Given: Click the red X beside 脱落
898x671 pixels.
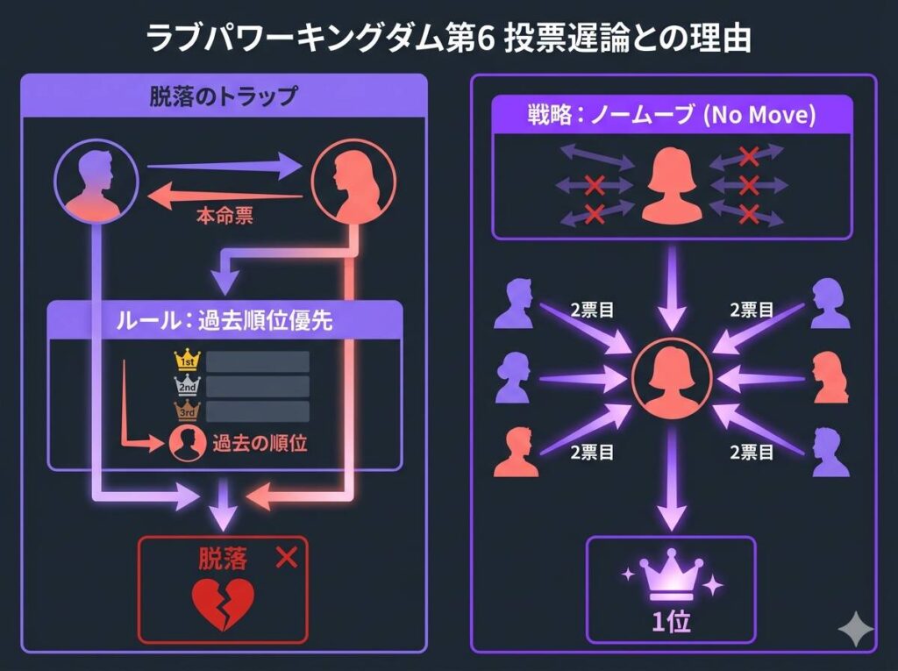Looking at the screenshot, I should coord(286,557).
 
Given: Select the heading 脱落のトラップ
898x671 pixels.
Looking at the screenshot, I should coord(223,96).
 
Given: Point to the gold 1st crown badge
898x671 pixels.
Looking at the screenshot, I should coord(188,360).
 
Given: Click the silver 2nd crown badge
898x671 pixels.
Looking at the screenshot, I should coord(188,386).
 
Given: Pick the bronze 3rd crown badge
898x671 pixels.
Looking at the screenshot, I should coord(188,410).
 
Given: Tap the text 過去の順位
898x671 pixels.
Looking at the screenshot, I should coord(259,443).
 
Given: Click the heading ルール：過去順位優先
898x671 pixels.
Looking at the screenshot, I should coord(224,322).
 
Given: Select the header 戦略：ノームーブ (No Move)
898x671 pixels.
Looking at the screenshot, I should coord(671,116).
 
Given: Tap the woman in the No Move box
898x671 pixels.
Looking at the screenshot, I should coord(671,187).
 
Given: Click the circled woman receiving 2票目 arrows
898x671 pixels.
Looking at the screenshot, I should coord(671,380).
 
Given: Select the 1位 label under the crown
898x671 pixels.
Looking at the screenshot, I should coord(670,622).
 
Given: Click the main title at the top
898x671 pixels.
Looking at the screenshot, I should coord(449,37).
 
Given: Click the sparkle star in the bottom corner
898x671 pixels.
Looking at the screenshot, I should coord(856,630).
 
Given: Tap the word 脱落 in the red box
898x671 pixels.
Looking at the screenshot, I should coord(223,558).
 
